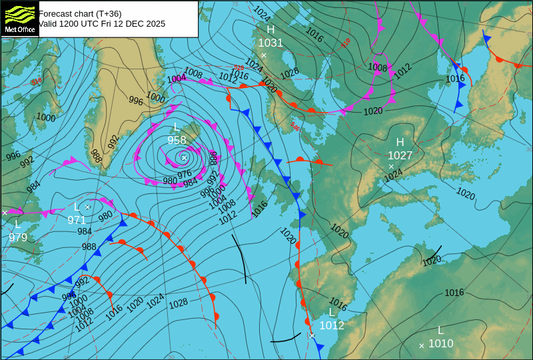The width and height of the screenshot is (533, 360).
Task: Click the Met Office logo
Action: click(x=19, y=18)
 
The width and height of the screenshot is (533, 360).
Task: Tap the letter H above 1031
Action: click(x=270, y=30)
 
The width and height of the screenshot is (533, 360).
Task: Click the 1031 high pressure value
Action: click(x=270, y=43)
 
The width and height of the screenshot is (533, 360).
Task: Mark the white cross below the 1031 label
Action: click(x=264, y=55)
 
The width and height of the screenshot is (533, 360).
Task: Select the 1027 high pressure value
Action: click(x=400, y=155)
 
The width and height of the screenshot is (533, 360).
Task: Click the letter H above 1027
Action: click(x=400, y=142)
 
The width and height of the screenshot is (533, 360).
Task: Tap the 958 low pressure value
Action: click(x=177, y=140)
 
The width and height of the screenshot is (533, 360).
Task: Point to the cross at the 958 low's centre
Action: click(x=184, y=157)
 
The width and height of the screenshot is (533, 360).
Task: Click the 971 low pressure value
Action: click(x=77, y=220)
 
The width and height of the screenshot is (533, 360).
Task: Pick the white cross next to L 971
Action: click(x=87, y=207)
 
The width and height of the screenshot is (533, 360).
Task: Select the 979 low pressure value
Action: click(x=18, y=237)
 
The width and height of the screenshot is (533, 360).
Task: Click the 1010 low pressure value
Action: click(x=440, y=343)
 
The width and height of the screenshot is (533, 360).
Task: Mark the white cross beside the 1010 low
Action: click(x=422, y=345)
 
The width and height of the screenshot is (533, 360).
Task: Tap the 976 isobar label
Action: click(x=185, y=174)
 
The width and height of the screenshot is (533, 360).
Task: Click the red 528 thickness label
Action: click(x=238, y=68)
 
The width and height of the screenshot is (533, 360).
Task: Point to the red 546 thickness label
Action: click(x=294, y=126)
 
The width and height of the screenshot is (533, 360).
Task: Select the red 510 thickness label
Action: click(x=346, y=43)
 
